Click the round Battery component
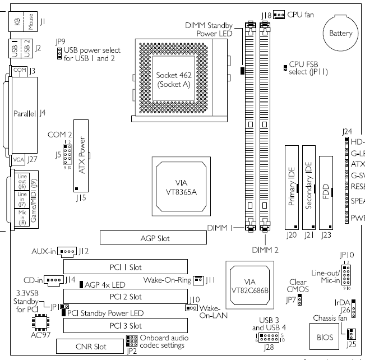pos(340,34)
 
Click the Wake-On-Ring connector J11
pos(198,279)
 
